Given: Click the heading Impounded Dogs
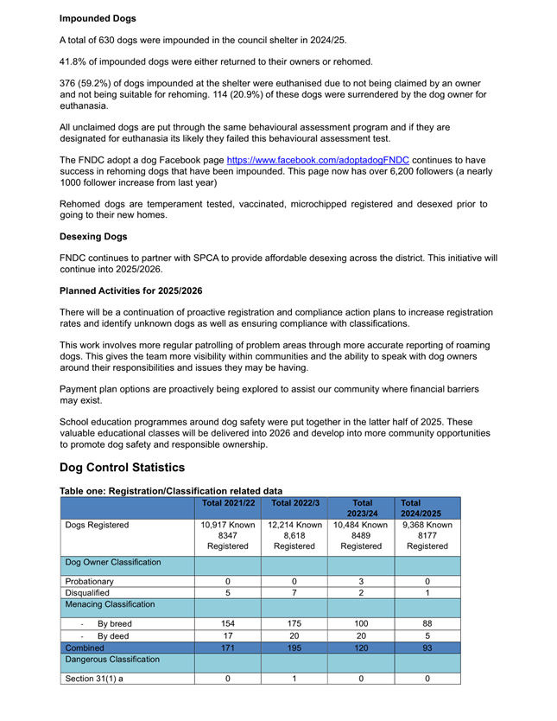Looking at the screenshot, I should point(98,18).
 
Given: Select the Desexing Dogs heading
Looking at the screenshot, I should point(93,236).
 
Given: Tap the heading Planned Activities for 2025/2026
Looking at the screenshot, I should point(131,290).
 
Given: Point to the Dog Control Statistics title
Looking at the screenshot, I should point(122,468).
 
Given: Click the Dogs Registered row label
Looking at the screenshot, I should point(98,524).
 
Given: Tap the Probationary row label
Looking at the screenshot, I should point(90,581).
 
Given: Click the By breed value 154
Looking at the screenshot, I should point(228,622).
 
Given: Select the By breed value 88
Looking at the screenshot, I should point(427,622).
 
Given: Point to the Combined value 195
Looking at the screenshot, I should point(294,647).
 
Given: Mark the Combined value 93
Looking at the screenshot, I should point(427,647).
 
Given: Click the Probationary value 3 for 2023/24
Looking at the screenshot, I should point(361,581).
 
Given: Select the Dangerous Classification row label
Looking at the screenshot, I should point(112,661).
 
